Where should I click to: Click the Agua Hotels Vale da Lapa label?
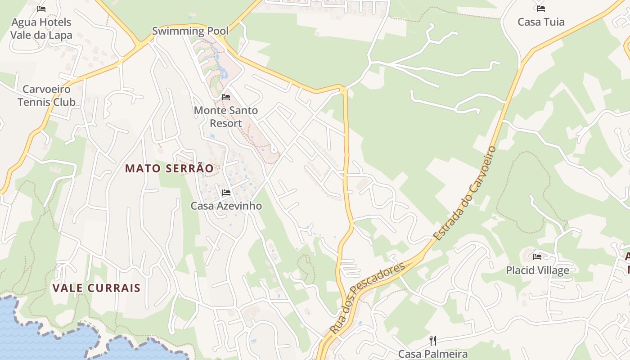coord(41,28)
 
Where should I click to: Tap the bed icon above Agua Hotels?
coord(41,9)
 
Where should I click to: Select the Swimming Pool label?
coord(190,31)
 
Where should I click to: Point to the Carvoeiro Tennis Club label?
coord(46,95)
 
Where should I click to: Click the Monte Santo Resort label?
coord(225,117)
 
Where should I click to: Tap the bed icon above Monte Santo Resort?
coord(226,97)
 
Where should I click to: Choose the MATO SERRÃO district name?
coord(169,168)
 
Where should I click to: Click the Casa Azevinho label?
coord(226,206)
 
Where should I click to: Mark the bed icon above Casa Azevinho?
coord(226,193)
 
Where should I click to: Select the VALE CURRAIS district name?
coord(96,288)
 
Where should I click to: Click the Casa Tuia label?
coord(541,22)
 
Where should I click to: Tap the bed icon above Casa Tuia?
coord(541,8)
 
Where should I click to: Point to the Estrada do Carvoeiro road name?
coord(465,193)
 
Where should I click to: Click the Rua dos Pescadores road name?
coord(367,298)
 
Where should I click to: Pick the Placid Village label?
coord(537,270)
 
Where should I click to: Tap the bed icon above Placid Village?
coord(537,257)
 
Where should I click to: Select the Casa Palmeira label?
coord(432,354)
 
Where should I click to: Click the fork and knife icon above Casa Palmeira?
coord(432,340)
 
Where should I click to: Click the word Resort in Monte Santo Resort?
coord(225,123)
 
